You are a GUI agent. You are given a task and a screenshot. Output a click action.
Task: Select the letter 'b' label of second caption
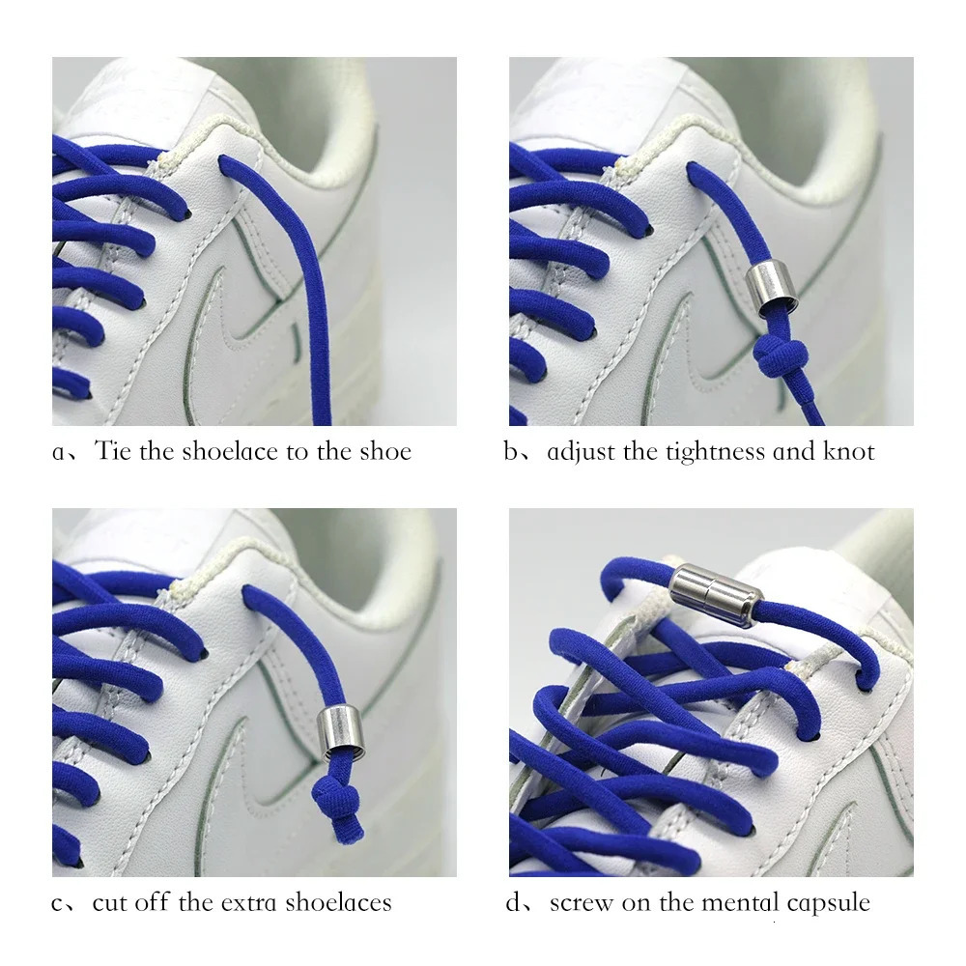pyautogui.click(x=511, y=452)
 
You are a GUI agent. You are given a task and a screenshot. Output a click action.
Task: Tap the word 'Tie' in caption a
pyautogui.click(x=113, y=452)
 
